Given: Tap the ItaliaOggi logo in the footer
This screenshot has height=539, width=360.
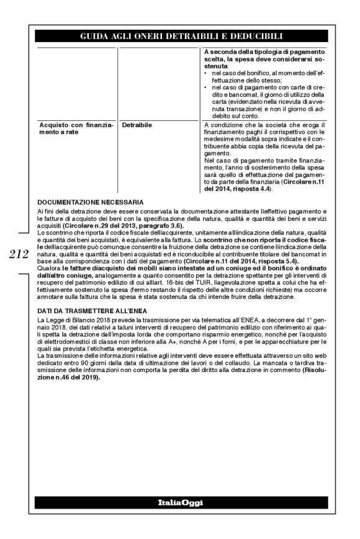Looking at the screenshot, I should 180,502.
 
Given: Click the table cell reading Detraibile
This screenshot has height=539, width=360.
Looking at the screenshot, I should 137,125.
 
